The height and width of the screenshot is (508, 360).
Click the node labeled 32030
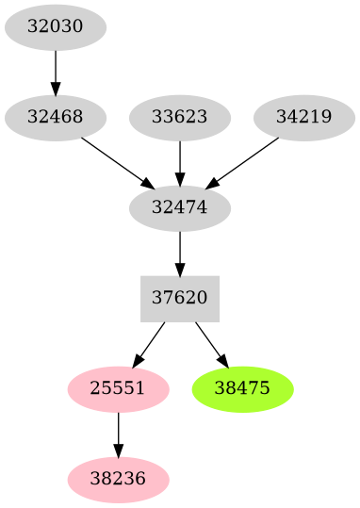55,26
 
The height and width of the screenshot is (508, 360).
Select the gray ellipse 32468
55,118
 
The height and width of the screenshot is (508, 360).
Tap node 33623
179,118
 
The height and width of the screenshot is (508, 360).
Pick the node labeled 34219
303,118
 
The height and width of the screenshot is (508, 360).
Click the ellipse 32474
179,205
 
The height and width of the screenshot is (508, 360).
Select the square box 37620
179,298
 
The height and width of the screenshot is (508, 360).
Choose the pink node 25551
118,387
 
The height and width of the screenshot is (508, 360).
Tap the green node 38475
242,387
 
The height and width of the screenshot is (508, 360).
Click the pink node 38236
118,479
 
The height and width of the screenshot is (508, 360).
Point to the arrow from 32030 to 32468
55,72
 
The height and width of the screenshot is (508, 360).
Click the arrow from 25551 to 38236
118,433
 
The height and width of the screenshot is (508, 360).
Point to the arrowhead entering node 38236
118,451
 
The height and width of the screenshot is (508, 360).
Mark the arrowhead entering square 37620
179,269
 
